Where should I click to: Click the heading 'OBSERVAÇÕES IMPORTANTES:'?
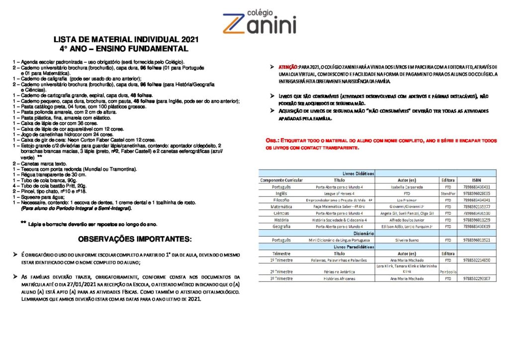pyautogui.click(x=135, y=239)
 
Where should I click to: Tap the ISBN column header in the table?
pyautogui.click(x=476, y=180)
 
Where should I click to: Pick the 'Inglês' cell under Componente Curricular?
pyautogui.click(x=281, y=193)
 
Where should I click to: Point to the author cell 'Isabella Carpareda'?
pyautogui.click(x=407, y=187)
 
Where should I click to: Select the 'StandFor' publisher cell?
pyautogui.click(x=448, y=193)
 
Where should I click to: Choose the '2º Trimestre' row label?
pyautogui.click(x=281, y=272)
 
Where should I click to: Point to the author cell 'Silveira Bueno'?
pyautogui.click(x=407, y=240)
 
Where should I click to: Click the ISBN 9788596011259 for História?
pyautogui.click(x=476, y=220)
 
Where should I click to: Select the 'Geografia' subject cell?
pyautogui.click(x=281, y=226)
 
